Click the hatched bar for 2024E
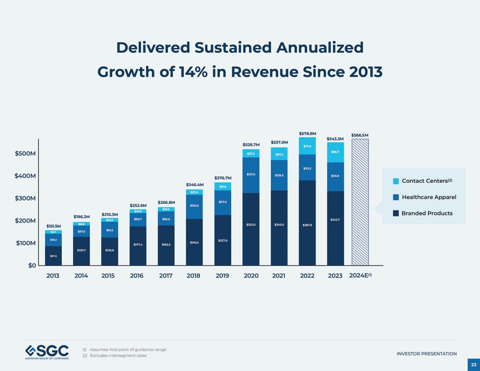360,202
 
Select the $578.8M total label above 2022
307,134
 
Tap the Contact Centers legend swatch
395,181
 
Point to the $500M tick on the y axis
25,154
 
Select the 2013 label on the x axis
53,276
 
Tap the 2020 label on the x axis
251,276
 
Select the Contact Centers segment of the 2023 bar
335,152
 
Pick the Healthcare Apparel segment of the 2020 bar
251,175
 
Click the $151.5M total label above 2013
53,226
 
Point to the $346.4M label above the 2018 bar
195,185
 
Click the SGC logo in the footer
47,352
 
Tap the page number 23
473,364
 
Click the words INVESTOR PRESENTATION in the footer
426,354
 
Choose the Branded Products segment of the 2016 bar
138,246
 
